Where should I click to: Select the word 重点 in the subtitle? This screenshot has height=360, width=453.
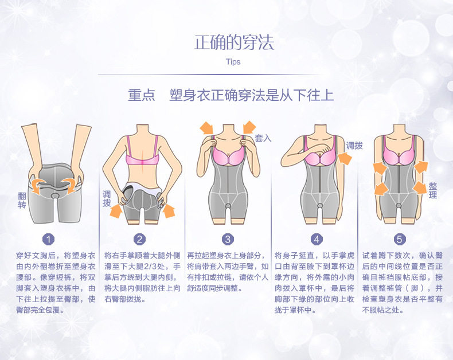[141, 95]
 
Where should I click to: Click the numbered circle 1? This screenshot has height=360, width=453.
[50, 239]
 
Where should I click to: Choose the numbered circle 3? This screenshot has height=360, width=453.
[228, 239]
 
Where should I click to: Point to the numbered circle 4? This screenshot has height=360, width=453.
[317, 239]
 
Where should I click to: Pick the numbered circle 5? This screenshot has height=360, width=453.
[399, 239]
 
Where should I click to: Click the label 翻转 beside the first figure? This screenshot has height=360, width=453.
[22, 200]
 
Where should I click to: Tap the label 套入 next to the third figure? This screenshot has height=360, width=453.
[263, 138]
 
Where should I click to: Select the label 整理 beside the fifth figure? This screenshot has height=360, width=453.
[433, 191]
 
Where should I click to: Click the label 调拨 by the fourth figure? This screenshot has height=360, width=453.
[354, 146]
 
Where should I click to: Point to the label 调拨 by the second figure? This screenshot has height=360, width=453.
[106, 199]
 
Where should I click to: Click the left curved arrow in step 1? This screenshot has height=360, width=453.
[38, 184]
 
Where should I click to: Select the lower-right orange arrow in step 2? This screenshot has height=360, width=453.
[168, 212]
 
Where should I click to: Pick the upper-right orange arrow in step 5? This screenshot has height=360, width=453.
[421, 167]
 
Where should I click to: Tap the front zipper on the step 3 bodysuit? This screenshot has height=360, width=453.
[228, 183]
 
